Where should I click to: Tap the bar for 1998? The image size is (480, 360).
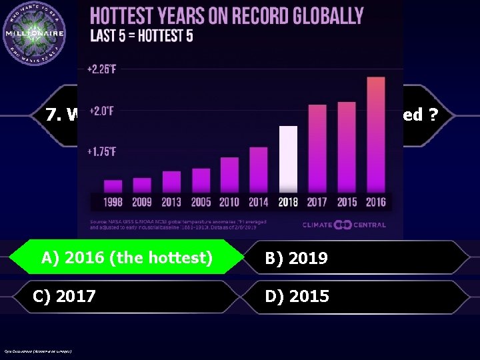tap(113, 185)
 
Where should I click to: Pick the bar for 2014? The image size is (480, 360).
tap(259, 169)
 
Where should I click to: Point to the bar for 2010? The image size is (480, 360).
tap(229, 175)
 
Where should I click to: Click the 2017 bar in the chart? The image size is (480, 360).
tap(317, 148)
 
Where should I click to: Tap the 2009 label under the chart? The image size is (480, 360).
tap(142, 202)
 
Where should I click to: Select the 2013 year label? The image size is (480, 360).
tap(171, 202)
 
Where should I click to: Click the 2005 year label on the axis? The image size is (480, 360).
tap(201, 202)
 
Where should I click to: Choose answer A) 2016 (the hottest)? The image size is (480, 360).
tap(127, 257)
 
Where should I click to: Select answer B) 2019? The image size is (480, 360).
tap(296, 258)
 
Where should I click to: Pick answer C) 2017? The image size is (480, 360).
tap(64, 296)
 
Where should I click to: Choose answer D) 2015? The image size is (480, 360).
tap(297, 296)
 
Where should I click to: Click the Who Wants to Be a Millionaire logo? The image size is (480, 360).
tap(34, 33)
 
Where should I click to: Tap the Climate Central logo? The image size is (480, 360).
tap(344, 225)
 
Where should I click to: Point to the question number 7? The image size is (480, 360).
tap(53, 115)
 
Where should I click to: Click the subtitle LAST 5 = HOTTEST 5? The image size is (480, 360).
tap(141, 35)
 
